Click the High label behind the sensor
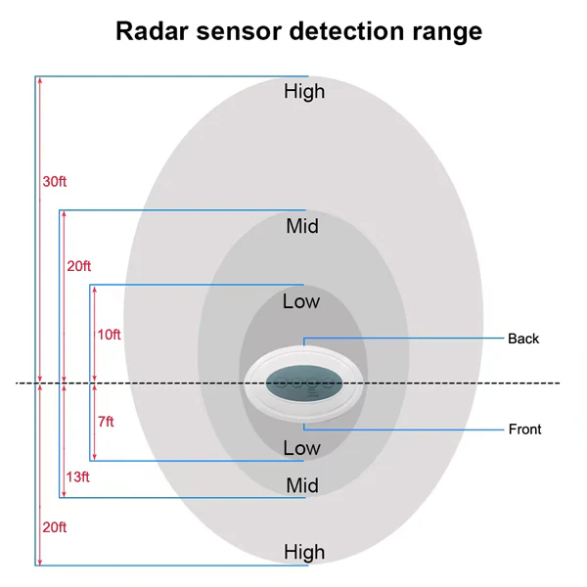pos(304,92)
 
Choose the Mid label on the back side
pos(302,227)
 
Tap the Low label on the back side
pos(301,301)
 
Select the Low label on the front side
pos(301,448)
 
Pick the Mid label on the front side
pos(302,485)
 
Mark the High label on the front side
pos(304,553)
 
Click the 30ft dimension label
pos(55,182)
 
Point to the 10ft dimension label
pos(109,335)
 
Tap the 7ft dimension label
pos(106,422)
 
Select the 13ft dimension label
pos(78,476)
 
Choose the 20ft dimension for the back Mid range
pos(79,266)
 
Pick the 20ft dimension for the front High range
pos(55,527)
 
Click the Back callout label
pos(523,339)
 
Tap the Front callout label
pos(524,429)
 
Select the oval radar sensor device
pos(303,383)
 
